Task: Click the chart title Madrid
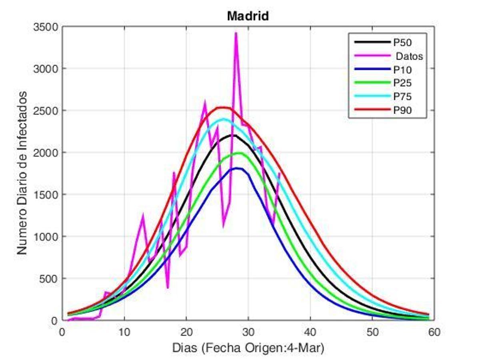click(x=248, y=16)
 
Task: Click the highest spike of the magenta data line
click(x=236, y=33)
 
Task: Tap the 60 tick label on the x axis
click(x=434, y=332)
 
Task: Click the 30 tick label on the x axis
click(x=248, y=332)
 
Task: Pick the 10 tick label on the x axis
click(x=124, y=332)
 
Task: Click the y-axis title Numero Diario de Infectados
click(x=22, y=172)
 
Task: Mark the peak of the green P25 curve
click(x=239, y=153)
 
